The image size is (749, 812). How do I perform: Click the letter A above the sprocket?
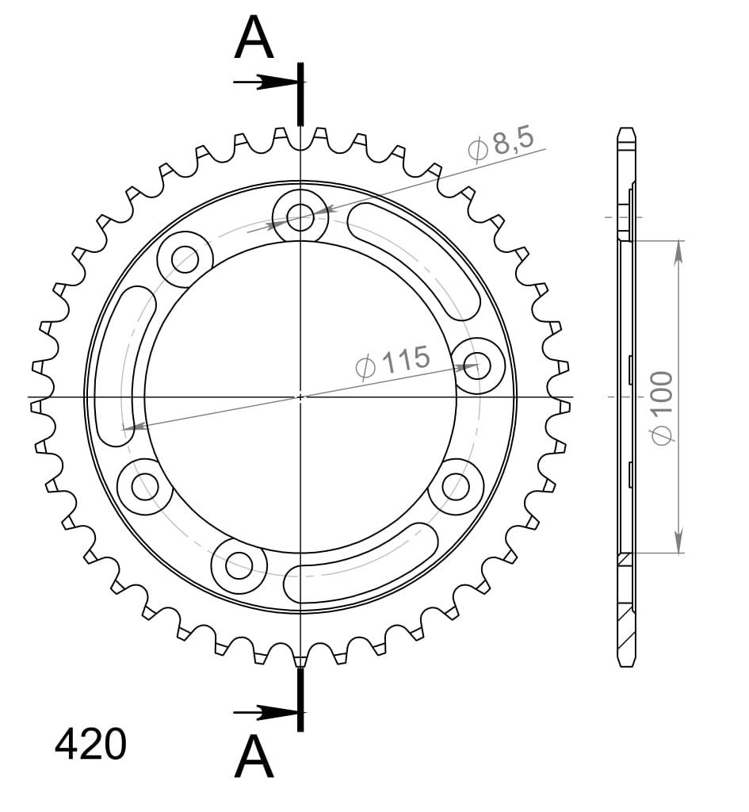[254, 40]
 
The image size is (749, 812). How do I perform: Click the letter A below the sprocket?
[254, 756]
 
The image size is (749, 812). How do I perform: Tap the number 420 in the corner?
[90, 745]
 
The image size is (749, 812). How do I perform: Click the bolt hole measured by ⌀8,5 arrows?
[300, 215]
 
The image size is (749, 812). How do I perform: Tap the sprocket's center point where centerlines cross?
[300, 396]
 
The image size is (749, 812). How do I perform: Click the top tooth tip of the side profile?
[626, 130]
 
